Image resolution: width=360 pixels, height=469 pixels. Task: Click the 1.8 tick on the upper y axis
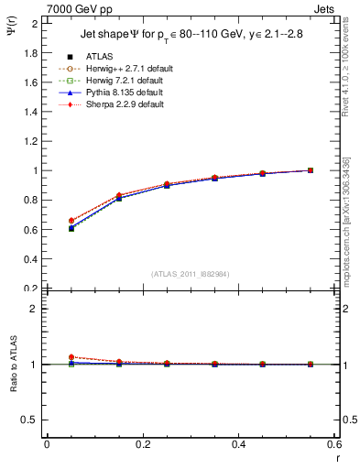[33, 53]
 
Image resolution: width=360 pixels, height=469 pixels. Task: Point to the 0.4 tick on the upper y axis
[33, 258]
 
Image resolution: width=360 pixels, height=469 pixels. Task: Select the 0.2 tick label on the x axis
[143, 444]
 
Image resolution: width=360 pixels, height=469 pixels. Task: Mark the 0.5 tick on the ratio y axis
[33, 420]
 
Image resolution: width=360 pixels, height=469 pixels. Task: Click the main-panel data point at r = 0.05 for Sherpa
[71, 221]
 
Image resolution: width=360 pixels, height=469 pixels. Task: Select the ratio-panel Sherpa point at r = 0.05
[71, 357]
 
